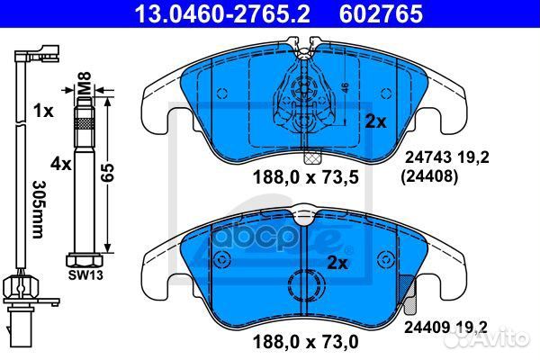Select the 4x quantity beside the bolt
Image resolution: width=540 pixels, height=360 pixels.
[x=61, y=165]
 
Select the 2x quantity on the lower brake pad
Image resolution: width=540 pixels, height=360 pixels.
[x=337, y=264]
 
